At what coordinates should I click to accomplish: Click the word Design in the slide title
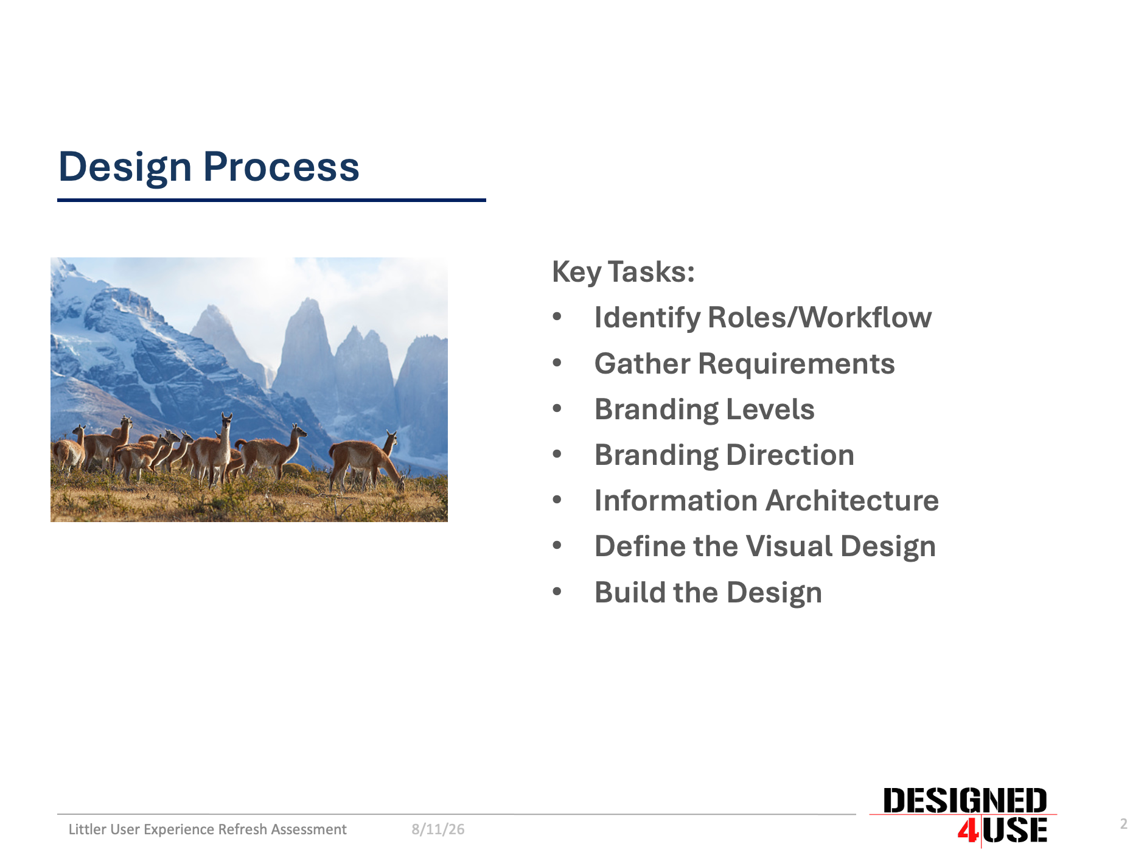point(125,167)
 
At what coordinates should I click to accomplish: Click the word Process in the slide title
point(281,167)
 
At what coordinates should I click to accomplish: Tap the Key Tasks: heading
point(623,272)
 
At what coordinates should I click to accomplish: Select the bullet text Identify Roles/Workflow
point(763,318)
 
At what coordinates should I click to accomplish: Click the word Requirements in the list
point(797,364)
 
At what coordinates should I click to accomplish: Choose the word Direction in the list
point(790,455)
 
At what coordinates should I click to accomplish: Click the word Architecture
point(853,500)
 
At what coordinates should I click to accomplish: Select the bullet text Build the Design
point(708,593)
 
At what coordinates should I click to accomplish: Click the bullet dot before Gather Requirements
point(557,363)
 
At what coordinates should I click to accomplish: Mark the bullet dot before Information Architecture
point(557,500)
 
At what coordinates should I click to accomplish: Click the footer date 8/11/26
point(438,829)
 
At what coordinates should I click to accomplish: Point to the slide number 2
point(1124,824)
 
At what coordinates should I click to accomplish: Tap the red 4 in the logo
point(968,831)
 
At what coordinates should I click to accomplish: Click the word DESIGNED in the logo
point(965,801)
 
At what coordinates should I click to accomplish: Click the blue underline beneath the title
point(271,200)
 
